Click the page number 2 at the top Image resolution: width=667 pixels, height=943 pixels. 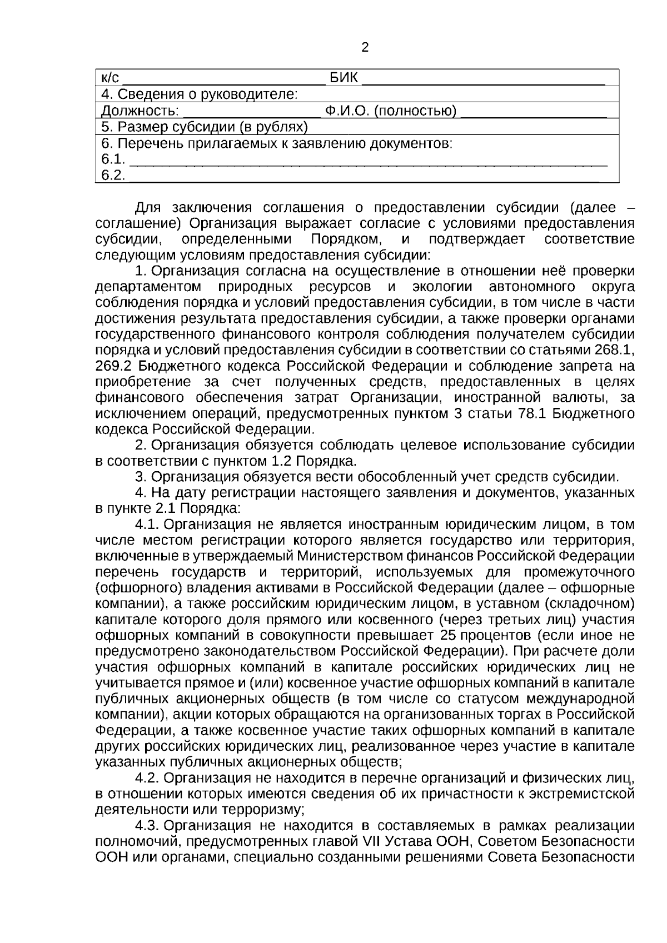(365, 48)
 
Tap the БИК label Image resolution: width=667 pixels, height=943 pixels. (344, 77)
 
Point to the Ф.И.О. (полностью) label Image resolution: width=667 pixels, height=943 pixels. (391, 111)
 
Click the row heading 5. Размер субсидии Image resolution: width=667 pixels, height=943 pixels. (205, 127)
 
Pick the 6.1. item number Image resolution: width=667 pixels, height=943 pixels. (113, 160)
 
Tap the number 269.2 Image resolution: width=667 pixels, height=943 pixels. (113, 366)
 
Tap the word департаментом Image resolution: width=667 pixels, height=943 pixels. (148, 287)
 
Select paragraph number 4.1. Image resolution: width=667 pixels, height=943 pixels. (147, 525)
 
